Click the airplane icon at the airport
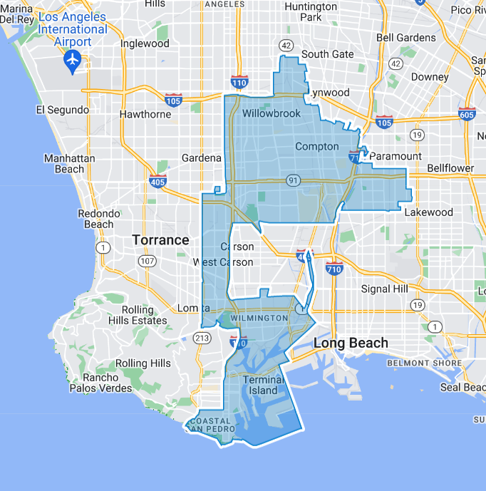tap(72, 61)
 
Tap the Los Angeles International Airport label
tap(72, 29)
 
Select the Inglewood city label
tap(145, 43)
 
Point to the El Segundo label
tap(63, 110)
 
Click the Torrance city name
tap(160, 240)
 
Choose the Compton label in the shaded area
tap(317, 147)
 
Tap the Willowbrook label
tap(272, 114)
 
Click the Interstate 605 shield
tap(467, 114)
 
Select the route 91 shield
tap(293, 180)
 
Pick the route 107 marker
tap(148, 262)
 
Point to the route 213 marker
tap(203, 338)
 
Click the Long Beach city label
tap(351, 343)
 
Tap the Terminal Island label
tap(263, 385)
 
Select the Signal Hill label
tap(386, 289)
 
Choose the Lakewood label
tap(429, 212)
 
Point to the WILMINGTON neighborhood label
tap(259, 317)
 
